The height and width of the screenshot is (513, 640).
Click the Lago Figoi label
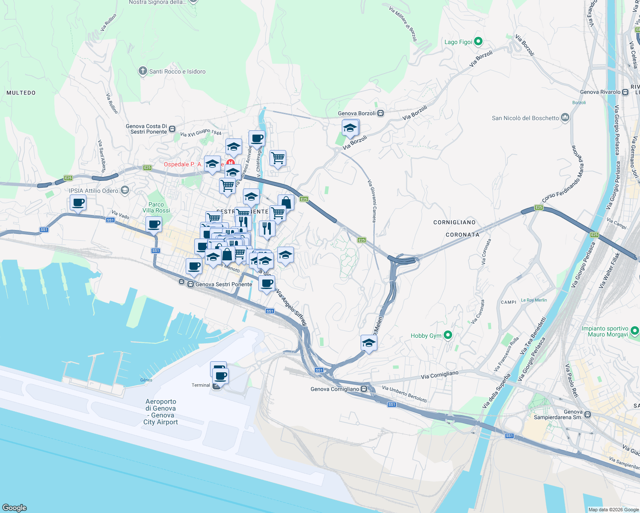458,42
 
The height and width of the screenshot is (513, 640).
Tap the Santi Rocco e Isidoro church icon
143,71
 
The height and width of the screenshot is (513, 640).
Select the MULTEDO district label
21,93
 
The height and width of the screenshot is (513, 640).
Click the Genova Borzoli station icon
380,113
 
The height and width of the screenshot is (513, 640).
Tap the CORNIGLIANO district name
454,222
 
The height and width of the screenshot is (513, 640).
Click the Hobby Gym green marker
448,335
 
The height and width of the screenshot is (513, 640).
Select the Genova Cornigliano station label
335,389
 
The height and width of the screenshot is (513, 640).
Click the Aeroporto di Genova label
161,412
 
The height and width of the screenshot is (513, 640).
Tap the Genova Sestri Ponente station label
223,284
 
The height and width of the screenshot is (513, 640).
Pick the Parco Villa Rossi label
156,207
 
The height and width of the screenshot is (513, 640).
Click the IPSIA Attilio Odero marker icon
125,190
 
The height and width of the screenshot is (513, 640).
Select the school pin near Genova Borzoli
350,128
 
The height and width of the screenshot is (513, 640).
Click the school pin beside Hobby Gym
369,343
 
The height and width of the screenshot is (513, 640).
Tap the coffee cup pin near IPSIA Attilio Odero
78,203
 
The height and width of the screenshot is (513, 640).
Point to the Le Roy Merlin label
533,300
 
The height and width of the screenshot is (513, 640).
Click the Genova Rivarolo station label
600,92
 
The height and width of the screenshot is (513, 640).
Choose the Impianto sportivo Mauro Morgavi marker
635,330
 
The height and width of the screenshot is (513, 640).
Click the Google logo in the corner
14,508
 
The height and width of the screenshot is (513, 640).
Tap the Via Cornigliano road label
439,375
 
